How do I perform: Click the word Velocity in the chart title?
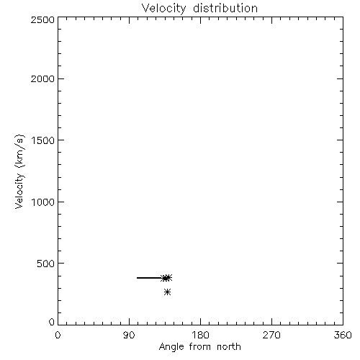[163, 9]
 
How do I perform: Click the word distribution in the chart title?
[225, 8]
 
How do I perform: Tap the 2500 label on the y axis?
[42, 19]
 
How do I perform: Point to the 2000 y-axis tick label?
[42, 78]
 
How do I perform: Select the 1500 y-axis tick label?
[43, 140]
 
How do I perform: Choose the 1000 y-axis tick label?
[43, 202]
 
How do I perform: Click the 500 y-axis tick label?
[46, 264]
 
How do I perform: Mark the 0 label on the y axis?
[52, 322]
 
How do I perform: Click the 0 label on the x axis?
[58, 335]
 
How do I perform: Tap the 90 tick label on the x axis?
[129, 335]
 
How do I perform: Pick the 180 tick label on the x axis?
[200, 335]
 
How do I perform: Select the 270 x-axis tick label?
[271, 335]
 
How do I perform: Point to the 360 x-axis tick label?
[343, 335]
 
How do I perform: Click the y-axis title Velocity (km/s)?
[19, 171]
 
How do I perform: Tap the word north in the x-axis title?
[229, 347]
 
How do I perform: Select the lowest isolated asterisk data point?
[168, 292]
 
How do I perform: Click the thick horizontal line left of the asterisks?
[150, 278]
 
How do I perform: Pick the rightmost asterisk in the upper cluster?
[168, 277]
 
